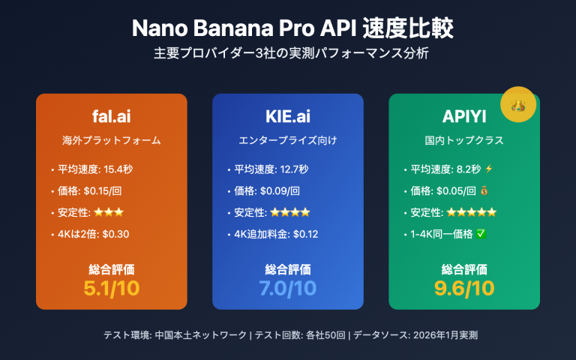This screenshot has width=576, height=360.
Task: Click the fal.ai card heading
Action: coord(111,116)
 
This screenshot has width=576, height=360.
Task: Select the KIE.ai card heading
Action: coord(288,116)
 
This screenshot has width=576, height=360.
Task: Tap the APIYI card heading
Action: coord(464,116)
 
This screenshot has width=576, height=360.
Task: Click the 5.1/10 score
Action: coord(111,287)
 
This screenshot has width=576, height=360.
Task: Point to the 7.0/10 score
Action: coord(288,287)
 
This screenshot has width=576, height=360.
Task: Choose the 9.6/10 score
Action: coord(464,287)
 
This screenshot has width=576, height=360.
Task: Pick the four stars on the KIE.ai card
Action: coord(289,212)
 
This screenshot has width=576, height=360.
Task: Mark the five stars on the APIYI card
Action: coord(471,212)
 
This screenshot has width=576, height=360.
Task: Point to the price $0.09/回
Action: coord(277,190)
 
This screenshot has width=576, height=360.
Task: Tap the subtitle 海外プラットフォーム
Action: coord(111,140)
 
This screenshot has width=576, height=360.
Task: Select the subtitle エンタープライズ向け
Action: coord(288,140)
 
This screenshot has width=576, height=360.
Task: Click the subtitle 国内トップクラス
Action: coord(464,140)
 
